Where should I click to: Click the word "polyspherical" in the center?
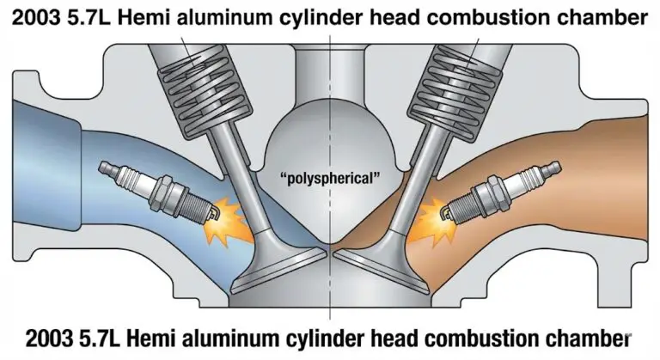click(330, 178)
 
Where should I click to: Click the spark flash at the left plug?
click(227, 223)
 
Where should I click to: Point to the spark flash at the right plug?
click(432, 223)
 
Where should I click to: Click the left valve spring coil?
click(205, 93)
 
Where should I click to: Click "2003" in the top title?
click(36, 18)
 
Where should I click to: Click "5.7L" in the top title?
click(89, 18)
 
